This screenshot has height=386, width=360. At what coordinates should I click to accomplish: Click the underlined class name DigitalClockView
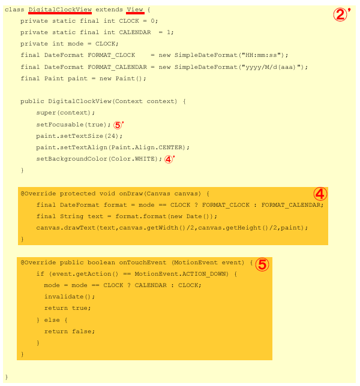click(60, 10)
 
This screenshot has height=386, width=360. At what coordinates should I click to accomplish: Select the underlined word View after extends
click(135, 10)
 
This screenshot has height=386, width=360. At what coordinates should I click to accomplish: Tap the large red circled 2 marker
click(341, 14)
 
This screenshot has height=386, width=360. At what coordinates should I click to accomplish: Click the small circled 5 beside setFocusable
click(118, 125)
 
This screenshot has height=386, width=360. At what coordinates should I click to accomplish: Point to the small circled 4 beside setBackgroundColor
click(169, 159)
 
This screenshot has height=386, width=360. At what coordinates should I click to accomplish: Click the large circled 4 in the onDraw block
click(320, 194)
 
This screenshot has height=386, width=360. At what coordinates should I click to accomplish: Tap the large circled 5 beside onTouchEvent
click(262, 265)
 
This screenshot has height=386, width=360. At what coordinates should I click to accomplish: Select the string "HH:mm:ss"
click(262, 55)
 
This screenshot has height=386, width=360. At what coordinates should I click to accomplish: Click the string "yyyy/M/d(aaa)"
click(273, 67)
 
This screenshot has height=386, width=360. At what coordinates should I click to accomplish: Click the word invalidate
click(64, 297)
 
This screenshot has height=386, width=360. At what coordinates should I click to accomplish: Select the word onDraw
click(131, 194)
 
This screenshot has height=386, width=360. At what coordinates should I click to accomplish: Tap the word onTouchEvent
click(143, 263)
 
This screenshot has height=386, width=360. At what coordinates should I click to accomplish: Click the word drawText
click(80, 228)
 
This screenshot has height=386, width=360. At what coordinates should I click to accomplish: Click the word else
click(52, 320)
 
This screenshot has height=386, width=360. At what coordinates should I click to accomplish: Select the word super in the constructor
click(46, 113)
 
